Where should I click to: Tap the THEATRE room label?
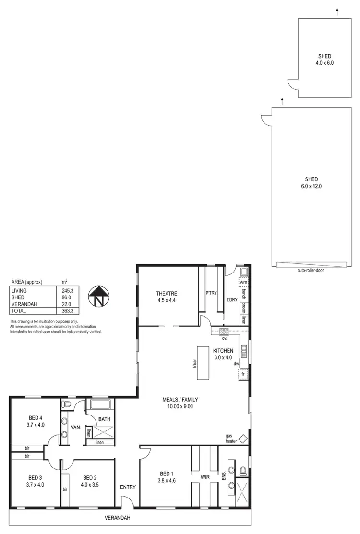167,294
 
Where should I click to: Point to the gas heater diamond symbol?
243,439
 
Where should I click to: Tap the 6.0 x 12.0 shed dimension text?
311,186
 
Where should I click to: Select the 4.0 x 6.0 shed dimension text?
324,63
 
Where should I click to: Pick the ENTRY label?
128,487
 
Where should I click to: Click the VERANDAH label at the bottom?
117,518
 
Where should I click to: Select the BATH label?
105,419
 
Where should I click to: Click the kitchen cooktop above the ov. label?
224,331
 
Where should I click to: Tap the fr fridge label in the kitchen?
243,373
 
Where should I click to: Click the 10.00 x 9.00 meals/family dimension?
180,406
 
